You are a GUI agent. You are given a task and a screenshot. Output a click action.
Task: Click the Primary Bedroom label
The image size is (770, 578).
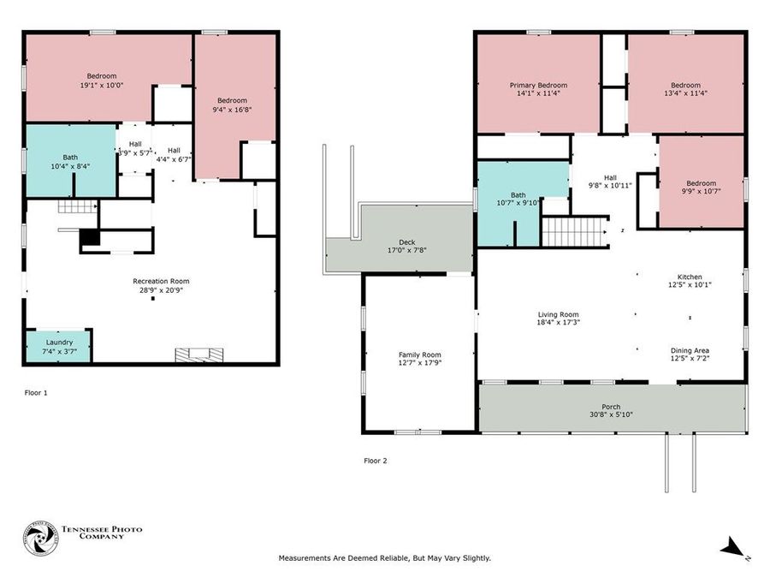[x=538, y=86]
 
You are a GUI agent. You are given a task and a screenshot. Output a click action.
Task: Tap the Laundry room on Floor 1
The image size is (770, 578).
[x=58, y=345]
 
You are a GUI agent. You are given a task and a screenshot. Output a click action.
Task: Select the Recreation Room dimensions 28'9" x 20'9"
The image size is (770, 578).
[x=161, y=290]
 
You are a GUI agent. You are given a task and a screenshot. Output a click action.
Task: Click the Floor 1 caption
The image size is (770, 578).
[x=36, y=393]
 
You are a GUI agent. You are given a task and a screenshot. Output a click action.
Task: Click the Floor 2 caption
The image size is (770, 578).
[x=375, y=461]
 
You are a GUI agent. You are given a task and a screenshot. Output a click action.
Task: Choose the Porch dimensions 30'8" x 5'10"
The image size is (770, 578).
[x=610, y=414]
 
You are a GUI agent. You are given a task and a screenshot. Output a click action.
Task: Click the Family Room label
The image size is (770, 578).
[x=419, y=355]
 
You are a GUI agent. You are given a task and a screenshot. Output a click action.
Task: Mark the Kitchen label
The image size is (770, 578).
[x=690, y=277]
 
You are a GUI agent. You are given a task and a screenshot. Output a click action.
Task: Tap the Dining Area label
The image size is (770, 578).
[x=690, y=350]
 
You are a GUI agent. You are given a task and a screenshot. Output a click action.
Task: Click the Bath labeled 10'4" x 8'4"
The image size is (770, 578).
[x=69, y=161]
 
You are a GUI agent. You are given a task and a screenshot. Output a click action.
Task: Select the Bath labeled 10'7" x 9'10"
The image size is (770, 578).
[x=518, y=199]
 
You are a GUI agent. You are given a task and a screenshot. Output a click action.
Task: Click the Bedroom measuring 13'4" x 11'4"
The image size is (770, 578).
[x=685, y=89]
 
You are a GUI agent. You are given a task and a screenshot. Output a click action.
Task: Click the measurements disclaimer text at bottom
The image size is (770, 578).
[x=385, y=558]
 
